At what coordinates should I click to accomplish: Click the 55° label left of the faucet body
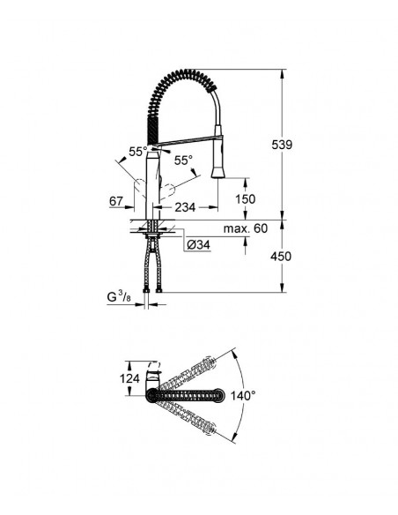(x=137, y=152)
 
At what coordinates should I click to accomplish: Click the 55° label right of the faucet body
(x=182, y=161)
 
